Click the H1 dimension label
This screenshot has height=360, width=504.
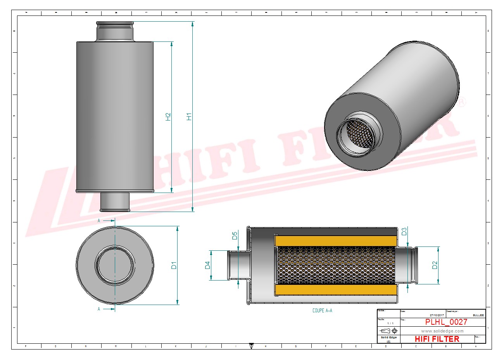click(x=189, y=116)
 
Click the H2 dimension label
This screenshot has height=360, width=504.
click(x=168, y=116)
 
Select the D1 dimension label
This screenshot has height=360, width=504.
click(x=174, y=265)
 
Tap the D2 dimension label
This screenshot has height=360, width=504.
click(x=435, y=265)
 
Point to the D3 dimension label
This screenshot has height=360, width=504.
click(x=404, y=232)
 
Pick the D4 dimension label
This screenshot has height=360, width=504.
click(x=207, y=265)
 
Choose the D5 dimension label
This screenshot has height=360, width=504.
click(x=235, y=235)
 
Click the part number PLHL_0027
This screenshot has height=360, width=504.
click(x=446, y=322)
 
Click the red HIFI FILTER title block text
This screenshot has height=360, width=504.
click(x=437, y=339)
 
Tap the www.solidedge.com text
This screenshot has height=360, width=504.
click(x=442, y=331)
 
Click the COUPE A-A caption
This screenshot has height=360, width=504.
click(x=322, y=310)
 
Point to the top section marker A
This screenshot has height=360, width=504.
click(x=99, y=220)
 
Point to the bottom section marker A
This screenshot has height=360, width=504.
click(x=99, y=309)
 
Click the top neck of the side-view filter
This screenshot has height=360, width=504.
click(x=115, y=31)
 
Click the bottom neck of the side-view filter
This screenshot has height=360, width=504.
click(x=115, y=202)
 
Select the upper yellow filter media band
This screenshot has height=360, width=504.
click(x=335, y=240)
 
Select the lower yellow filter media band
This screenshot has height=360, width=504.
click(x=335, y=289)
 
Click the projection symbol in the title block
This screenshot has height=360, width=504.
click(x=389, y=331)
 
